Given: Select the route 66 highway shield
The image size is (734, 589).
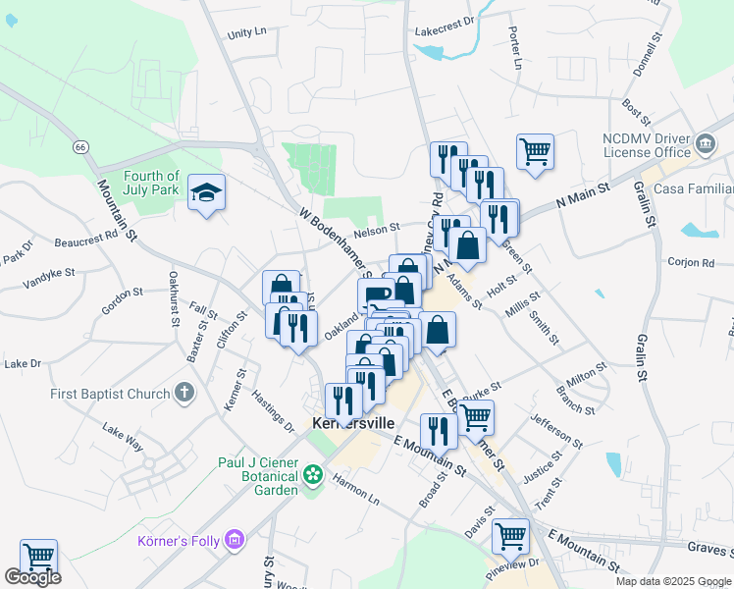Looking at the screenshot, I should tap(79, 146).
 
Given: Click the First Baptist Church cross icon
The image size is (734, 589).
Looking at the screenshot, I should tap(183, 394).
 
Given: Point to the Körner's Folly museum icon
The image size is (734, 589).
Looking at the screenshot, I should tap(234, 539).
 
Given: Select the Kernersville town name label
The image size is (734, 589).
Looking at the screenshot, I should tap(352, 423).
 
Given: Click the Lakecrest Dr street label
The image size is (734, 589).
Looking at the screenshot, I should tap(444, 20).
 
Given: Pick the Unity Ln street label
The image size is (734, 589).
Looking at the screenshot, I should tap(246, 32).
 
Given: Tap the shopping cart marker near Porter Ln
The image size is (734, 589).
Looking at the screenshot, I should tap(536, 151).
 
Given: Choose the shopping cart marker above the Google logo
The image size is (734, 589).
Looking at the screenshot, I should tap(38, 556).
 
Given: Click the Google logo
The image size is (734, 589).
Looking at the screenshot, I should tap(32, 577).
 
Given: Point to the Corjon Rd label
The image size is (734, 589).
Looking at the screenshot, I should tap(693, 262).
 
